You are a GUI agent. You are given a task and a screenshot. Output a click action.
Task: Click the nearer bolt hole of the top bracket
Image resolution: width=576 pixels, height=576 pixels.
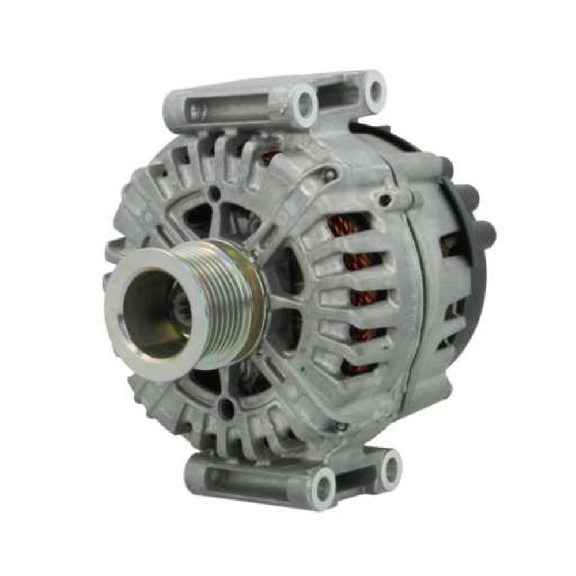click(x=304, y=104)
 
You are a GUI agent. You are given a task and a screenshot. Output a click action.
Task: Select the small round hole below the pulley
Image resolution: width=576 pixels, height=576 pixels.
click(x=226, y=409)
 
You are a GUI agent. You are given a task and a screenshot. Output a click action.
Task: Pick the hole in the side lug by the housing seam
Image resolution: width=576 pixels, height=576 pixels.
click(x=385, y=200)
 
